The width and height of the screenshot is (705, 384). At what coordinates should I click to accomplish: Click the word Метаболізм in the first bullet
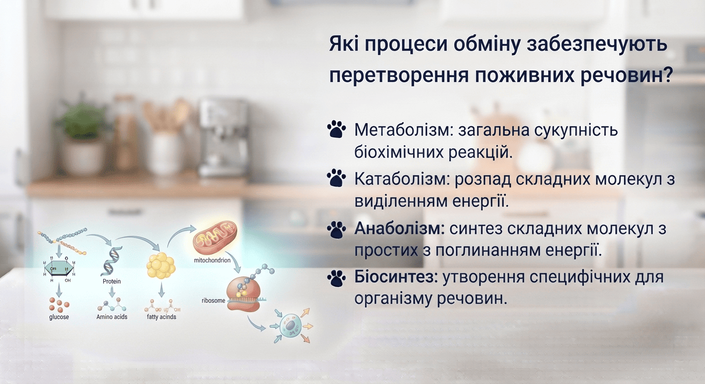(x=404, y=130)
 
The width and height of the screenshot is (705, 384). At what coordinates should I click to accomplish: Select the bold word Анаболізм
(x=400, y=228)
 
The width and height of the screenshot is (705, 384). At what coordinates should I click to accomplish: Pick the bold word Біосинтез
(x=396, y=277)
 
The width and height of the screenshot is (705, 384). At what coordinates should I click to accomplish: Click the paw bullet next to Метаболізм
(x=336, y=129)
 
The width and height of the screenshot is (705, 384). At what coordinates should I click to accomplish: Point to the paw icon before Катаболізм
(x=336, y=178)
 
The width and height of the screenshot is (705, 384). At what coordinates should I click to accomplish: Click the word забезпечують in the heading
(x=597, y=44)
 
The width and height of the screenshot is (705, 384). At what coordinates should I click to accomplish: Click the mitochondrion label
(x=212, y=260)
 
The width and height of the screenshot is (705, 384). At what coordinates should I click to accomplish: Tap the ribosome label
(x=213, y=300)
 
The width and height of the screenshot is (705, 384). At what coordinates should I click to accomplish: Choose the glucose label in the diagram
(x=59, y=317)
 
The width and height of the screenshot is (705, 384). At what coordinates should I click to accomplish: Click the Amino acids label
(x=112, y=317)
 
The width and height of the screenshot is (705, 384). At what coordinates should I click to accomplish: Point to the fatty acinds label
(x=161, y=317)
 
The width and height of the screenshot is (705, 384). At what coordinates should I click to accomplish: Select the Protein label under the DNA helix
(x=112, y=281)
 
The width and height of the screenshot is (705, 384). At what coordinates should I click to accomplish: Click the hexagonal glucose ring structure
(x=59, y=268)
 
